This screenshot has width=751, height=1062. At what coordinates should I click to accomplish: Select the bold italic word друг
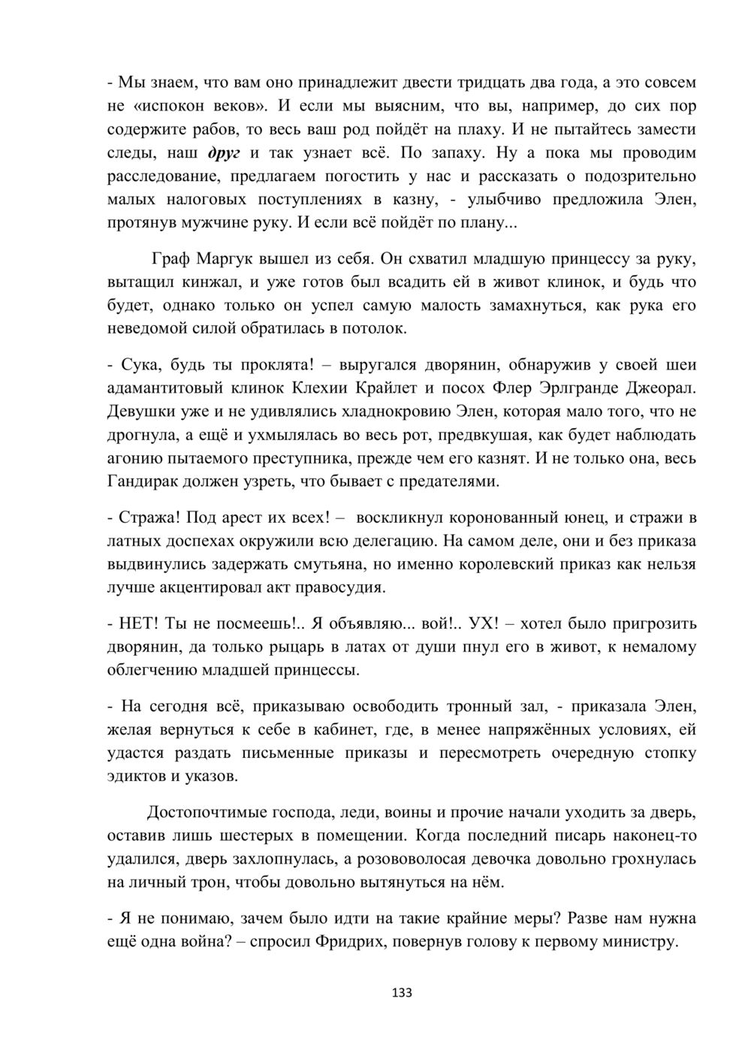[x=222, y=153]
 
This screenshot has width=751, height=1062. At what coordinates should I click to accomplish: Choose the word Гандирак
[x=149, y=481]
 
